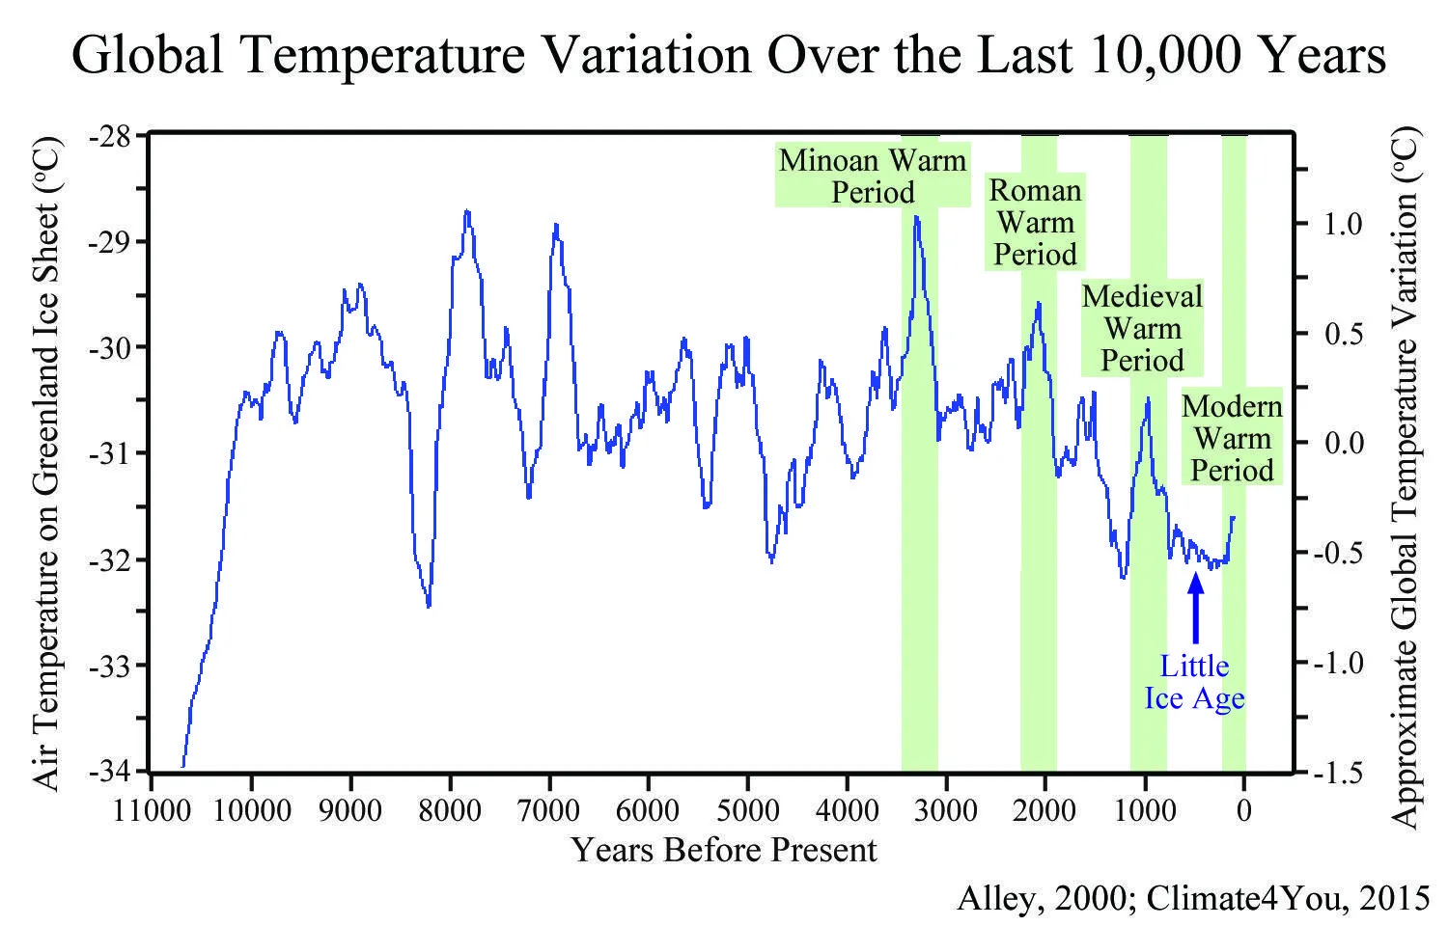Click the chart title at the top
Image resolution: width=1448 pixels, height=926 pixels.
729,55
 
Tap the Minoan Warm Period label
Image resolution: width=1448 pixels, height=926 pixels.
873,176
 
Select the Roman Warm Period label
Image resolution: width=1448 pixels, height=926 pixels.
1035,222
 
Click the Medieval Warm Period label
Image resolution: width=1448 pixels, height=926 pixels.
1142,328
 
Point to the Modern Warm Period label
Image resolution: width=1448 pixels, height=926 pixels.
1232,438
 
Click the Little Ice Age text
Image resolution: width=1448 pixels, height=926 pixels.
1194,681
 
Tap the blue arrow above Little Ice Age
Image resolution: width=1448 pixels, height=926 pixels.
1195,608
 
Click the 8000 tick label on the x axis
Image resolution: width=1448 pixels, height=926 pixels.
449,810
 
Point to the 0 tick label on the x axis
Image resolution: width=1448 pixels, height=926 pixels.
1243,810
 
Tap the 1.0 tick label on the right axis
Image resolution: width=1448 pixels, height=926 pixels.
1343,224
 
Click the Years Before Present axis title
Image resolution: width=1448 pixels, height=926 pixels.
724,850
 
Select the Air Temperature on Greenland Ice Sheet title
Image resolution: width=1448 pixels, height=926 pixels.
48,463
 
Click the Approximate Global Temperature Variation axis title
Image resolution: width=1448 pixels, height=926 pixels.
1407,477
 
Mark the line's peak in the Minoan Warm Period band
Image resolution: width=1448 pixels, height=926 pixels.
916,217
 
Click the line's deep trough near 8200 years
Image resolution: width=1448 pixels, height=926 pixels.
429,606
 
